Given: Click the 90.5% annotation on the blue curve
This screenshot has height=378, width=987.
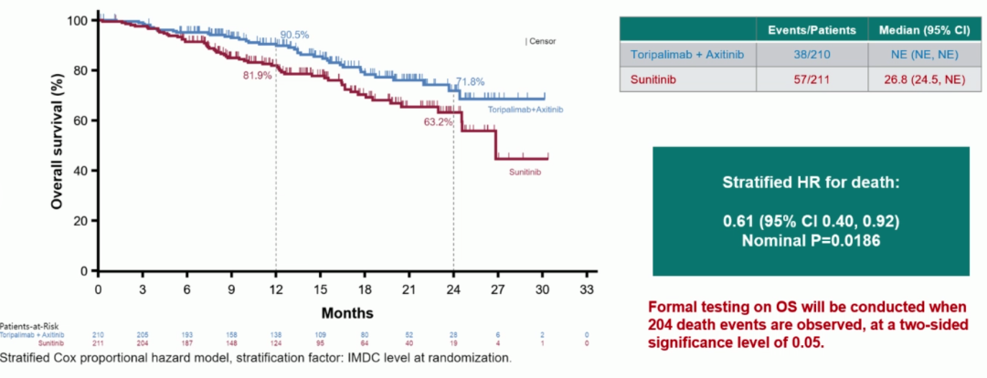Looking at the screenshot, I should (294, 35).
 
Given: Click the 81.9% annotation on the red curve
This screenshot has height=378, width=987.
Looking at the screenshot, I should (258, 76).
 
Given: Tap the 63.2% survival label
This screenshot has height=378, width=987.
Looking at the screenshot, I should (438, 121).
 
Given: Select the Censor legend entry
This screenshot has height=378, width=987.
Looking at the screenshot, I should (540, 41).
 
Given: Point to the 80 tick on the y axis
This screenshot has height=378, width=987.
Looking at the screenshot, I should (82, 70).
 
